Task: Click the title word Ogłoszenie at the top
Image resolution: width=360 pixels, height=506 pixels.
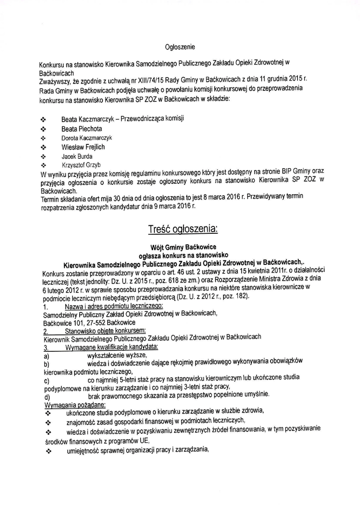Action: pos(180,47)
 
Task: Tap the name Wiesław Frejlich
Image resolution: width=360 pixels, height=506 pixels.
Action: pos(83,147)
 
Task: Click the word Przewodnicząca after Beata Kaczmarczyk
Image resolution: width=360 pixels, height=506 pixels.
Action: pos(142,119)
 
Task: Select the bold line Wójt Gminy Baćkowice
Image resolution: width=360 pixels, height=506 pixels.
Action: pos(180,246)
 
